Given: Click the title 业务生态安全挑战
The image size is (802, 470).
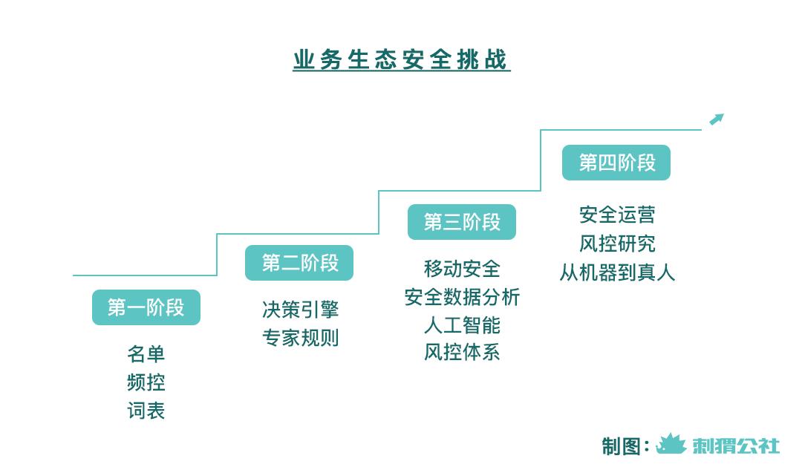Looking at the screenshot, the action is pyautogui.click(x=402, y=60).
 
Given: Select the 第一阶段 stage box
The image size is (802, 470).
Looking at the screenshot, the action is pyautogui.click(x=146, y=307).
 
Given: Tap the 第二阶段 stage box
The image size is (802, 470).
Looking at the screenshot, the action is pyautogui.click(x=299, y=263).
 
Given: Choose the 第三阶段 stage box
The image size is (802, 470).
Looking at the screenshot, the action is pyautogui.click(x=462, y=222).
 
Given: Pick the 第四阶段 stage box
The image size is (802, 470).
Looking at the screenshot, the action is pyautogui.click(x=616, y=163).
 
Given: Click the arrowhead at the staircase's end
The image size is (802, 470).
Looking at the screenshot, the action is pyautogui.click(x=717, y=119).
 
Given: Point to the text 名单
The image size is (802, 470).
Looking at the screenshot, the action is pyautogui.click(x=146, y=354).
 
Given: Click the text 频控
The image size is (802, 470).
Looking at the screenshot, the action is pyautogui.click(x=146, y=382).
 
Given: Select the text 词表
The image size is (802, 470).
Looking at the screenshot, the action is pyautogui.click(x=146, y=411).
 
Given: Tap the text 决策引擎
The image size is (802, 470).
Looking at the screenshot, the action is pyautogui.click(x=300, y=310).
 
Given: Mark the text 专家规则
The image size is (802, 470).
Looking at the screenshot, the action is pyautogui.click(x=300, y=338).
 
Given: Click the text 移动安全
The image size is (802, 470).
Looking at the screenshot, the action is pyautogui.click(x=462, y=269).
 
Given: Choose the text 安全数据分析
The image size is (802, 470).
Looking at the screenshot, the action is pyautogui.click(x=462, y=296).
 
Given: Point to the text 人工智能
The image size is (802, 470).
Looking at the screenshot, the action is pyautogui.click(x=462, y=324).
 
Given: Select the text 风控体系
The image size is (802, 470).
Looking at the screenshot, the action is pyautogui.click(x=462, y=353).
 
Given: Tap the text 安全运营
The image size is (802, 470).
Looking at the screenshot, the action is pyautogui.click(x=617, y=215).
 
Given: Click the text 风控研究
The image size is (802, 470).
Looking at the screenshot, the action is pyautogui.click(x=617, y=244).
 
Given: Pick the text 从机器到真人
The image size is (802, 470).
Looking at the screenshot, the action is pyautogui.click(x=617, y=272).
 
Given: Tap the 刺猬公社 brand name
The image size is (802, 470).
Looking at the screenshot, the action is pyautogui.click(x=736, y=445).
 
